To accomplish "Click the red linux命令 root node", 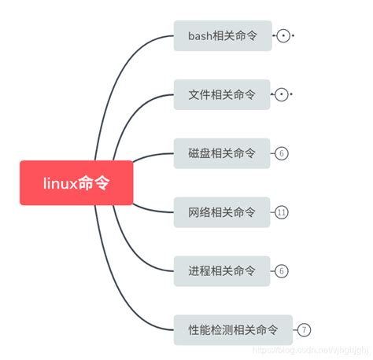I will tap(76, 183).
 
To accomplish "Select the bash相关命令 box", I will tap(223, 36).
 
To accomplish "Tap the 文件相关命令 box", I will tap(222, 94).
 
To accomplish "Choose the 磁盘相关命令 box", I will tap(222, 153).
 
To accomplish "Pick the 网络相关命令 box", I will tap(222, 212).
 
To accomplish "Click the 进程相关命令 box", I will tap(222, 271).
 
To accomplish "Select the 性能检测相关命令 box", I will tap(233, 330).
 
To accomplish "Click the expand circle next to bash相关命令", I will tap(284, 36).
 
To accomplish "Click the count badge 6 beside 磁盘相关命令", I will tap(282, 153).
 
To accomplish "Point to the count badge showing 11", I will tap(283, 212).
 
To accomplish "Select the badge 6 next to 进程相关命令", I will tap(282, 271).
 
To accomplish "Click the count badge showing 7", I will tap(305, 330).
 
